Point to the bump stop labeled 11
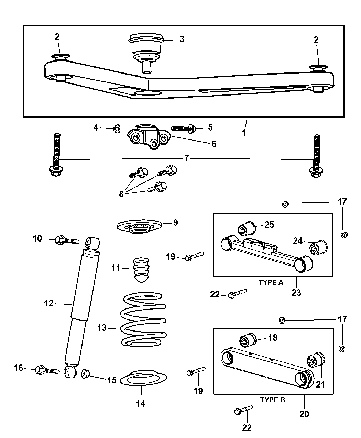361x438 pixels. tap(141, 270)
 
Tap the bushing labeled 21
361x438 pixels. tap(316, 361)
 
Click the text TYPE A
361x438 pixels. tap(271, 282)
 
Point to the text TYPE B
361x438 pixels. tap(272, 400)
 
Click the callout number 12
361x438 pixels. tap(49, 303)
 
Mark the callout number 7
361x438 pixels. tap(187, 158)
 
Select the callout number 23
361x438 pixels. tap(296, 292)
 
